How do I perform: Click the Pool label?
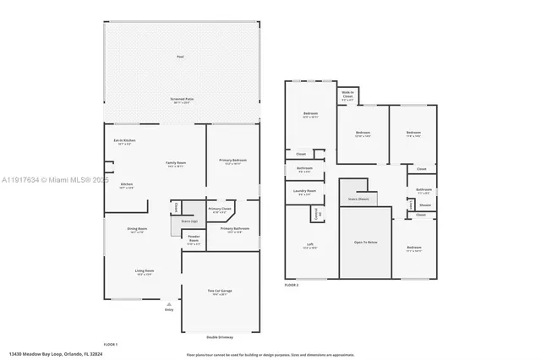click(x=180, y=57)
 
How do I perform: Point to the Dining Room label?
click(x=137, y=229)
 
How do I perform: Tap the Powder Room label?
click(x=194, y=241)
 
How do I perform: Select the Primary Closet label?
click(x=220, y=209)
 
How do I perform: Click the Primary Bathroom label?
click(x=234, y=229)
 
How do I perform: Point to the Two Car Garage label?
click(x=221, y=292)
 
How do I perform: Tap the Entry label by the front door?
click(x=169, y=309)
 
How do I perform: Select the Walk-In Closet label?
click(x=347, y=96)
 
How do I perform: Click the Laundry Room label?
click(x=306, y=192)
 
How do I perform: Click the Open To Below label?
click(x=365, y=243)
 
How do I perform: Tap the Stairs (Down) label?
click(x=359, y=200)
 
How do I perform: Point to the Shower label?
click(x=425, y=205)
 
